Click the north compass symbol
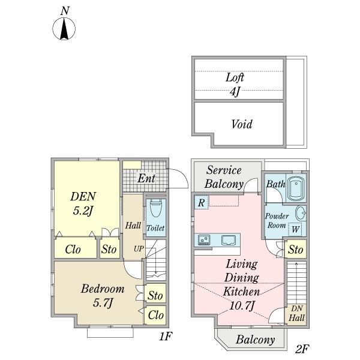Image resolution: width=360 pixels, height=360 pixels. [64, 28]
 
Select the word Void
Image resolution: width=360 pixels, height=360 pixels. [242, 125]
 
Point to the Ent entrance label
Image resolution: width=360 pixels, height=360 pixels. [146, 178]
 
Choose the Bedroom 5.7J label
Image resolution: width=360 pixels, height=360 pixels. [103, 295]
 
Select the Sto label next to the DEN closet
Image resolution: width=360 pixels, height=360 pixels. [109, 249]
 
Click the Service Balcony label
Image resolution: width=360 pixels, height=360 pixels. [224, 177]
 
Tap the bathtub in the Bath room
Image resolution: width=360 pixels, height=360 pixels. [296, 189]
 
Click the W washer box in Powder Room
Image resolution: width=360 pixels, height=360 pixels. [296, 229]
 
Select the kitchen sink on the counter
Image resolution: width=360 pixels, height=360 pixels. [229, 241]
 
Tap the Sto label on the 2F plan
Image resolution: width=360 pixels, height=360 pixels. [295, 250]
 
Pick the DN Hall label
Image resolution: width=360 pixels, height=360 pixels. [296, 313]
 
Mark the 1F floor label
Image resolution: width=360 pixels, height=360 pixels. [166, 338]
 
